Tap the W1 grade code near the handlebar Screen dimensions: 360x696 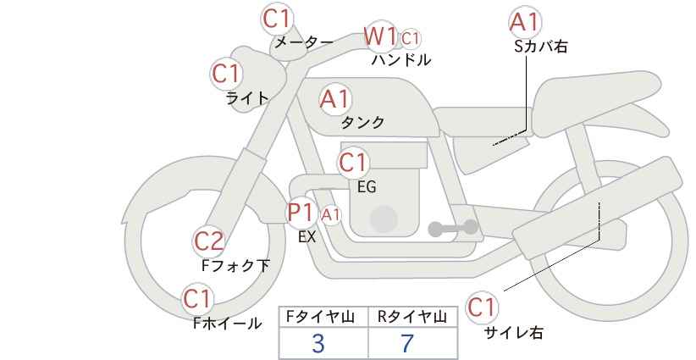tap(380, 36)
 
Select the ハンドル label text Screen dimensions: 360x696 tap(400, 60)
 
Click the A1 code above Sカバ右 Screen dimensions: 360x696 tap(525, 22)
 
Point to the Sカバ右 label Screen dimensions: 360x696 tap(540, 47)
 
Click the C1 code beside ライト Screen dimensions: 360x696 tap(226, 74)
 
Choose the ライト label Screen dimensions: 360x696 tap(247, 97)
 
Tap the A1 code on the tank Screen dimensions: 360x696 tap(334, 99)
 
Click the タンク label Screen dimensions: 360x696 tap(362, 123)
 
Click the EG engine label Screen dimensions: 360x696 tap(366, 186)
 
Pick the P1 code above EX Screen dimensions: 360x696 tap(301, 212)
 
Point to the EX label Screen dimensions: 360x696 tap(307, 237)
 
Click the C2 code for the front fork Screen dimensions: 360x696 tap(209, 241)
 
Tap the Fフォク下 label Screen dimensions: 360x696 tap(235, 266)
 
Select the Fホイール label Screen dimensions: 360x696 tap(228, 323)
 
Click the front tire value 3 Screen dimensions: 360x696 tap(318, 344)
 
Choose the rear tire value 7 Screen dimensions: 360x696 tap(407, 344)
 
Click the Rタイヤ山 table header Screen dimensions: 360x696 tap(412, 317)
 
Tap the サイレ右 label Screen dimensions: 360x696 tap(514, 333)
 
